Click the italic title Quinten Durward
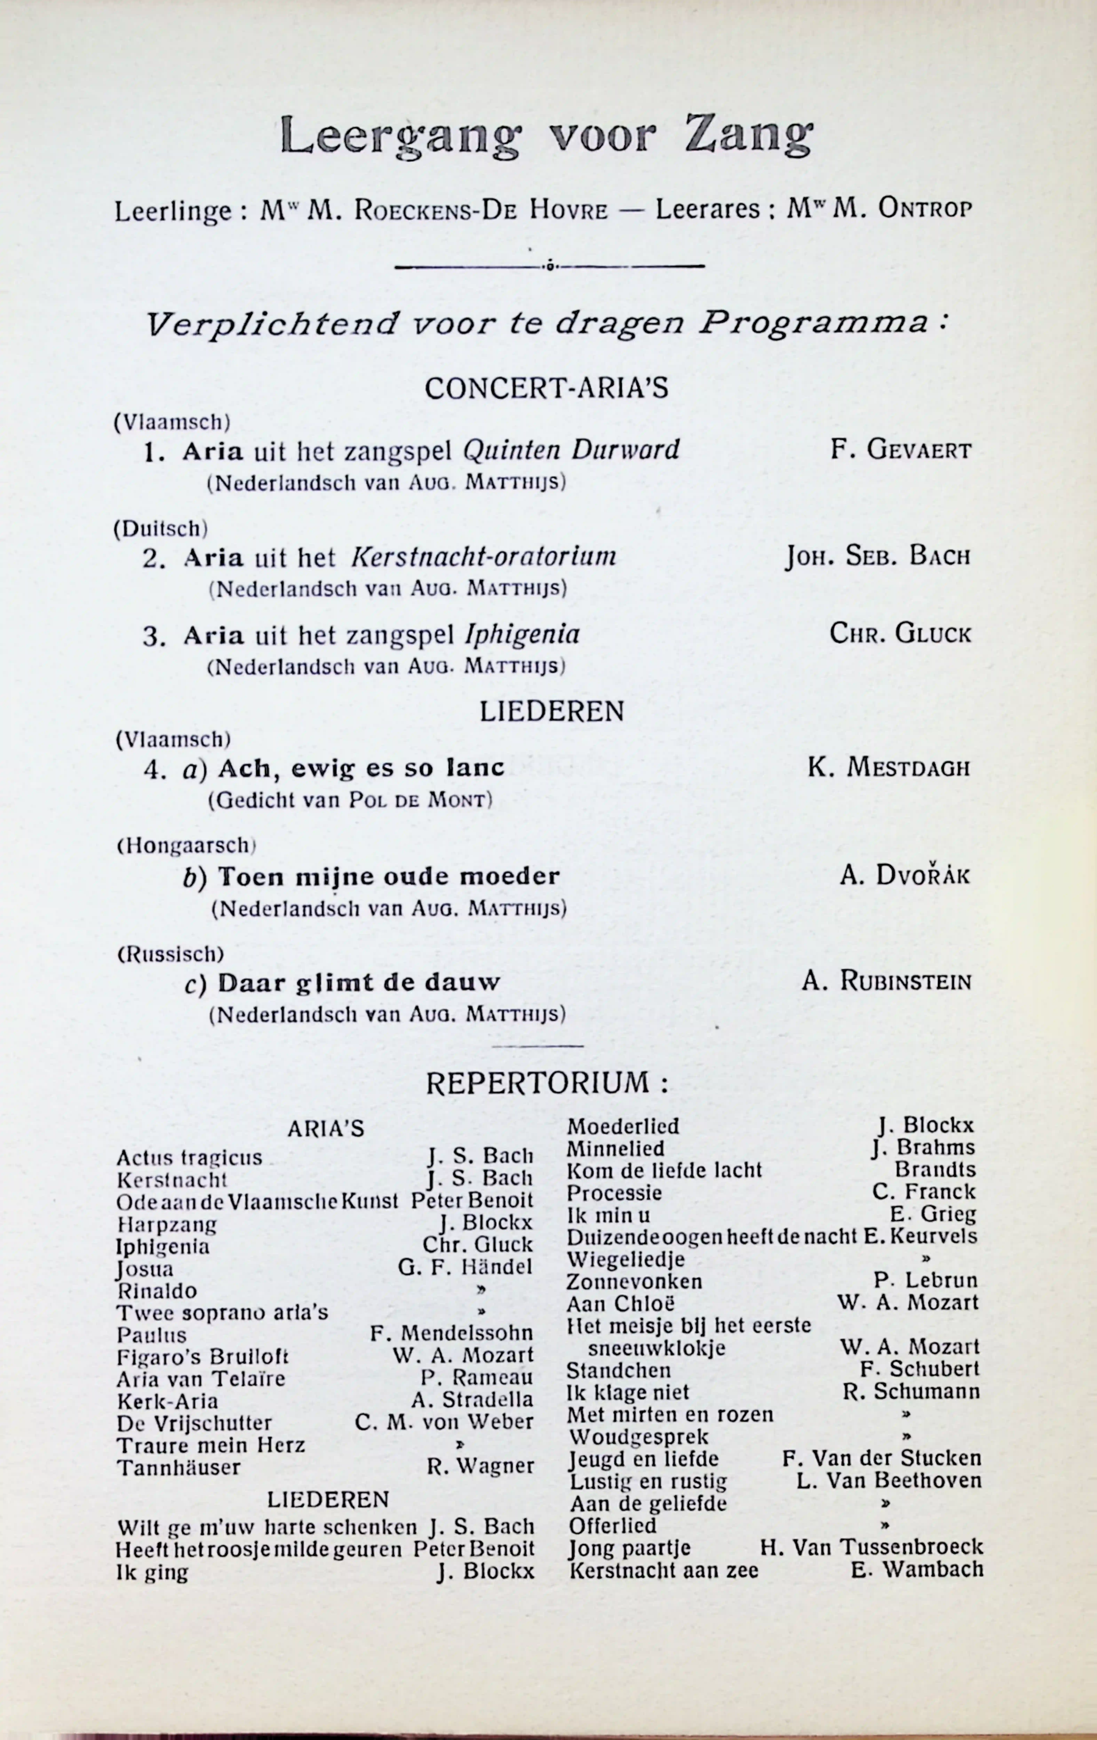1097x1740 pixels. click(571, 450)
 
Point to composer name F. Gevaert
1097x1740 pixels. click(900, 450)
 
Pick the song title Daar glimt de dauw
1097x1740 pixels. click(359, 983)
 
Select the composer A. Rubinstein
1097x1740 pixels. click(886, 981)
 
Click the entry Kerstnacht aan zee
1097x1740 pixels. click(663, 1570)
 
